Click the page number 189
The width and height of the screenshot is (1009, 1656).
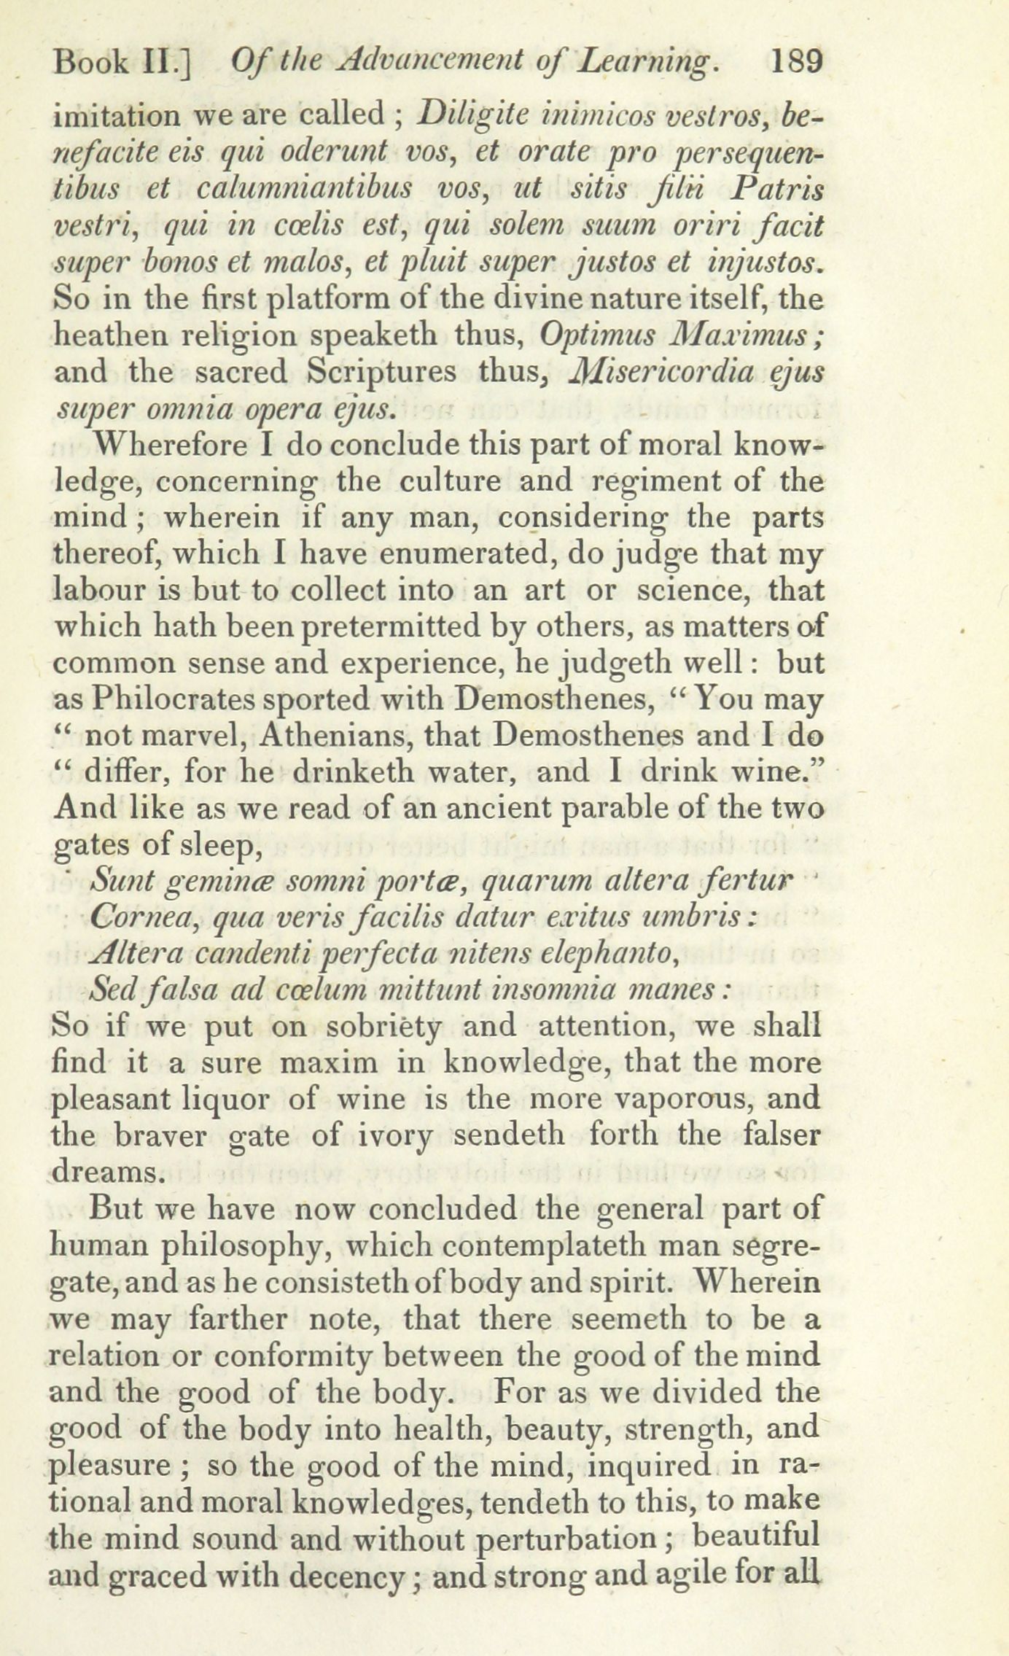[x=795, y=63]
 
